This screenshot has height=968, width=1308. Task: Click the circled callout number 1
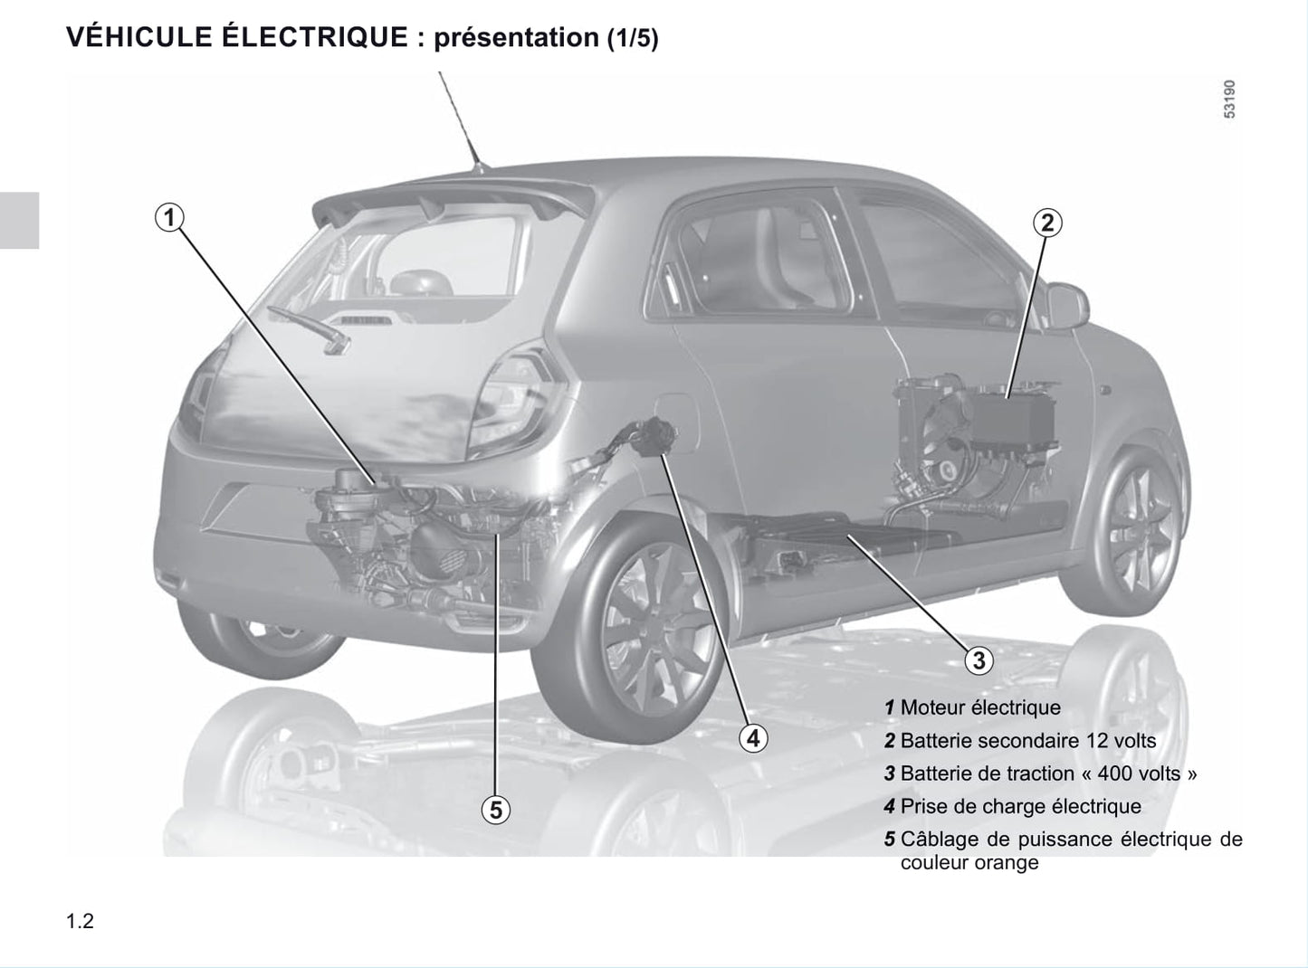(x=169, y=218)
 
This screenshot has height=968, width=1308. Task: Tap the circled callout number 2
(x=1047, y=223)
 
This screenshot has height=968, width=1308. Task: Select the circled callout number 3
(x=979, y=660)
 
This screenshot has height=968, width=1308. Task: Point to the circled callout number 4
(x=753, y=738)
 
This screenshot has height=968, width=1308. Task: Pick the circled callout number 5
(x=496, y=810)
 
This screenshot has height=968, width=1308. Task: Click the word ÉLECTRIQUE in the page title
(x=315, y=37)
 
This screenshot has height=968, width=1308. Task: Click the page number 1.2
(x=81, y=921)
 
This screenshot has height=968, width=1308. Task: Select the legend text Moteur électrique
(x=980, y=707)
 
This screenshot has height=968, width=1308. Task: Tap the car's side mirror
(x=1067, y=306)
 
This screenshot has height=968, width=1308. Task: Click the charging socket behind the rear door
(x=654, y=436)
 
